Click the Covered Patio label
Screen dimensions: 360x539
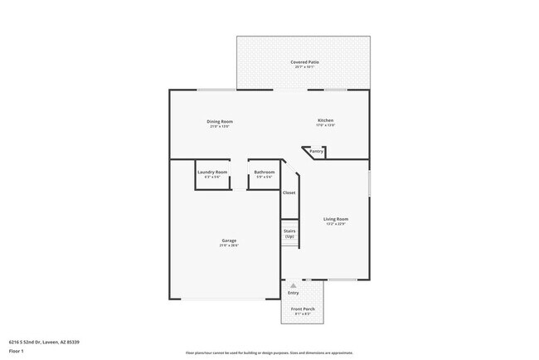point(304,62)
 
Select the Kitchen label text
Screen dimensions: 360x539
point(326,121)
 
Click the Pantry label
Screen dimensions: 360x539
point(316,152)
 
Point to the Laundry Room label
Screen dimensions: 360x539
point(212,172)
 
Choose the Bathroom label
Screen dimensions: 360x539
point(265,172)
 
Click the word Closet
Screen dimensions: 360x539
point(289,192)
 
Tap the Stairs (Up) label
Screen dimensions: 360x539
point(289,234)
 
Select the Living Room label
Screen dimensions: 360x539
point(336,219)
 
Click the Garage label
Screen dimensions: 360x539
point(229,241)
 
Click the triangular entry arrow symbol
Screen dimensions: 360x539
point(293,285)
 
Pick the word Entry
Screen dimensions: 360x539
point(293,293)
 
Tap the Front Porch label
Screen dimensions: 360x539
point(303,309)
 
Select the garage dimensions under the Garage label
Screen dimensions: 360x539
point(229,246)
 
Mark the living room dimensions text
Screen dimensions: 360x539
point(336,224)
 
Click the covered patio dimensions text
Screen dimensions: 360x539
point(304,67)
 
